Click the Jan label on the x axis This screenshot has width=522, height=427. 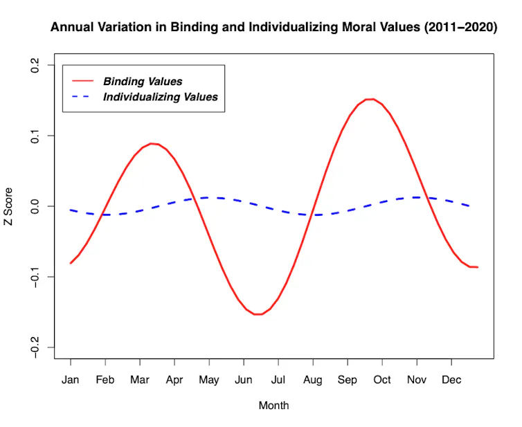[x=70, y=380]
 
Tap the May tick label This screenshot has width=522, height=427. [x=209, y=380]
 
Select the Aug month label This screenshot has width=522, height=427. [x=313, y=380]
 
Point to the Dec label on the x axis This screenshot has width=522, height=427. [x=451, y=380]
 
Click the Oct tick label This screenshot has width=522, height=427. [x=382, y=380]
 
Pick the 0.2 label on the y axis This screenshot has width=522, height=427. [x=35, y=65]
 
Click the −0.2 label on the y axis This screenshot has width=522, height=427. [x=35, y=347]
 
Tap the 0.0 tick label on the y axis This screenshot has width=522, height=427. [x=35, y=206]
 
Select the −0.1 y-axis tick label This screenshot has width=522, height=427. [x=35, y=276]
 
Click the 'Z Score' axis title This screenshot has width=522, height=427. [x=8, y=206]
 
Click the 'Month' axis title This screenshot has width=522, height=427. [x=273, y=406]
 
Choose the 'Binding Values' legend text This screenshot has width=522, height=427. [x=143, y=81]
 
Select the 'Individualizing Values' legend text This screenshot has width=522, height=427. [x=161, y=97]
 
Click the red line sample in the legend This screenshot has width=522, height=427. [x=83, y=81]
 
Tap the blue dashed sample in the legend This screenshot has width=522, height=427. [x=81, y=96]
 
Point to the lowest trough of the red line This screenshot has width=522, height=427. [x=258, y=314]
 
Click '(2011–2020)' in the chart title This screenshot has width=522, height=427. [x=460, y=27]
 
